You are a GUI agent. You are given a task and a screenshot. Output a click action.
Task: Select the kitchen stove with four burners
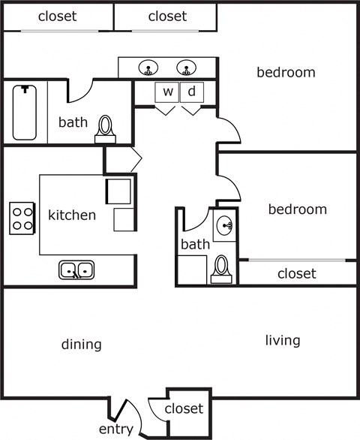pyautogui.click(x=22, y=218)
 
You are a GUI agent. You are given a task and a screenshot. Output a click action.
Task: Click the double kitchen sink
pyautogui.click(x=76, y=269)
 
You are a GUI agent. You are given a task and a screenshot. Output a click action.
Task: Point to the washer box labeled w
pyautogui.click(x=168, y=92)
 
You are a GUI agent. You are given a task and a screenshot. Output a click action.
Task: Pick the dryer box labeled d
pyautogui.click(x=191, y=92)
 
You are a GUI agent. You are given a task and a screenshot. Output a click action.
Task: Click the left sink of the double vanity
pyautogui.click(x=148, y=68)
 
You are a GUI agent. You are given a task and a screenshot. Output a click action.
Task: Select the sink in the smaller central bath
pyautogui.click(x=224, y=226)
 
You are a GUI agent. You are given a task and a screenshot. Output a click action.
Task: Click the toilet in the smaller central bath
pyautogui.click(x=221, y=268)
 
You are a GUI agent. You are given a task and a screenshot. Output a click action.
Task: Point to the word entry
pyautogui.click(x=115, y=429)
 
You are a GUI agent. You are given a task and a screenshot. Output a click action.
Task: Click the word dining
pyautogui.click(x=82, y=345)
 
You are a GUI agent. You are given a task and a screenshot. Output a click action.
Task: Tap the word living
pyautogui.click(x=283, y=340)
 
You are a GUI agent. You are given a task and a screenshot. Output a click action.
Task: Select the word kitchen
pyautogui.click(x=72, y=215)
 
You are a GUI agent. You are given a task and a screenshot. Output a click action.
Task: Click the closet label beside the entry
pyautogui.click(x=184, y=408)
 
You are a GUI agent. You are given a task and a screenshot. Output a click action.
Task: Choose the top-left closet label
pyautogui.click(x=57, y=16)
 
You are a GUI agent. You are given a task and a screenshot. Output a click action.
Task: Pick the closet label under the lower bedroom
pyautogui.click(x=297, y=273)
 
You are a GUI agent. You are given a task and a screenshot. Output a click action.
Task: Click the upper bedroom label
pyautogui.click(x=286, y=72)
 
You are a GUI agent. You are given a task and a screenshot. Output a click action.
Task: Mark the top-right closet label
pyautogui.click(x=168, y=16)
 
